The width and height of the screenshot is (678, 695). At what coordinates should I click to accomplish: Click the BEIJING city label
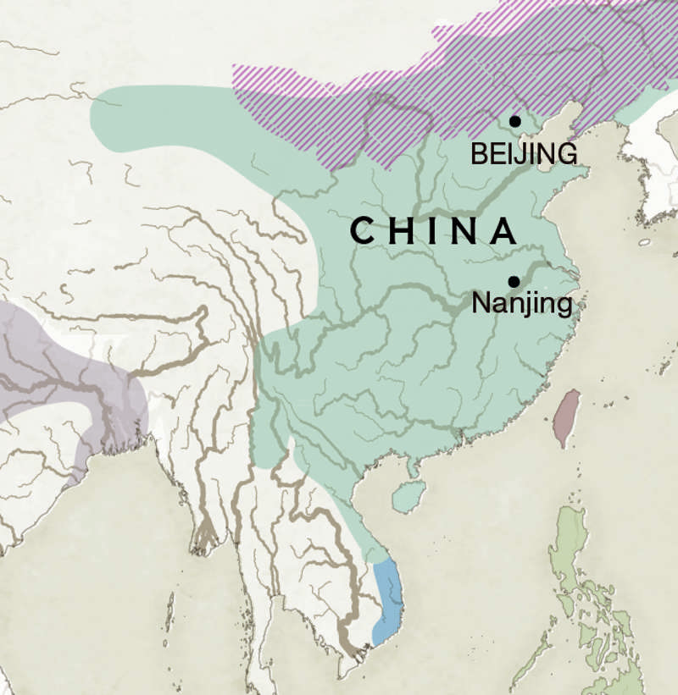pos(524,154)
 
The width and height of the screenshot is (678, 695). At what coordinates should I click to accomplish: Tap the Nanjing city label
pos(521,303)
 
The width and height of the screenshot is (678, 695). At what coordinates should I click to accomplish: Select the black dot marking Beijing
pos(514,121)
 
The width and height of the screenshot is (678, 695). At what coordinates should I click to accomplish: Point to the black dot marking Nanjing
pos(514,281)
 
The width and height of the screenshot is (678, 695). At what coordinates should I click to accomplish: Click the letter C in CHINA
pos(363,231)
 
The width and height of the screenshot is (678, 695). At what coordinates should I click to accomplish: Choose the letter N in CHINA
pos(463,231)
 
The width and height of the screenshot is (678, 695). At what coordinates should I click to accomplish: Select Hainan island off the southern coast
pos(408,496)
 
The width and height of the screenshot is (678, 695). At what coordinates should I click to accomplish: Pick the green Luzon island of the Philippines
pos(572,550)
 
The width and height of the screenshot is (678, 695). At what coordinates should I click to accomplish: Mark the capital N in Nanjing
pos(481,302)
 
